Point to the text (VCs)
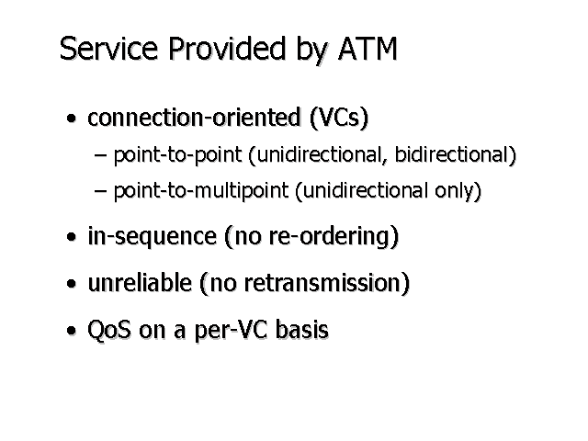(339, 119)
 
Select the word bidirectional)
(458, 155)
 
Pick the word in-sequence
(152, 237)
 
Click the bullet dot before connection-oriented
(71, 120)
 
